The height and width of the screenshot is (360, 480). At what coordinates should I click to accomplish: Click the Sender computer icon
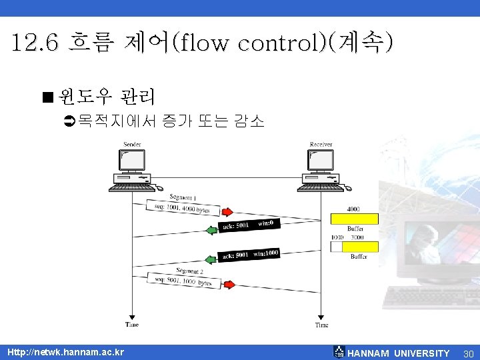129,169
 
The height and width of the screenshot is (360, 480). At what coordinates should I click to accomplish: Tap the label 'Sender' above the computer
131,145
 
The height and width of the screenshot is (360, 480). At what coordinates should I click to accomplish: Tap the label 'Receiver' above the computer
321,145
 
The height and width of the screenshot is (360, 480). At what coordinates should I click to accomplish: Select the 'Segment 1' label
182,197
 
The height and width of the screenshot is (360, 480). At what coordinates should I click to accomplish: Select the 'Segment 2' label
189,271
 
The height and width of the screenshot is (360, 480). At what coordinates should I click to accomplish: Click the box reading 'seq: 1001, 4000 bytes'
183,208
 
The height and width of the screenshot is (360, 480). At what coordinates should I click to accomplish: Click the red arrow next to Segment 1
227,212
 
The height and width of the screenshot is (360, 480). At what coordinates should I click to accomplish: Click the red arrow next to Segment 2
228,285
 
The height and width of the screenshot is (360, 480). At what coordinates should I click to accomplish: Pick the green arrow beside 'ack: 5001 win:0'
211,230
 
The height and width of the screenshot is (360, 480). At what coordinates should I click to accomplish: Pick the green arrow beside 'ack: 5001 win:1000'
211,259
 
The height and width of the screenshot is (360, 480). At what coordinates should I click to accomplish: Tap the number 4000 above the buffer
353,209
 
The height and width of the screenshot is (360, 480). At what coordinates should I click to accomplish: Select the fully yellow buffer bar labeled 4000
354,219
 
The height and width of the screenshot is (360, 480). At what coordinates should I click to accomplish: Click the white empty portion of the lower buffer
336,247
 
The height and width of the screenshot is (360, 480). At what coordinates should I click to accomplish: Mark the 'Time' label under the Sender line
132,325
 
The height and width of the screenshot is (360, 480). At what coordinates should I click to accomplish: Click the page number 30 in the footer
468,353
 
